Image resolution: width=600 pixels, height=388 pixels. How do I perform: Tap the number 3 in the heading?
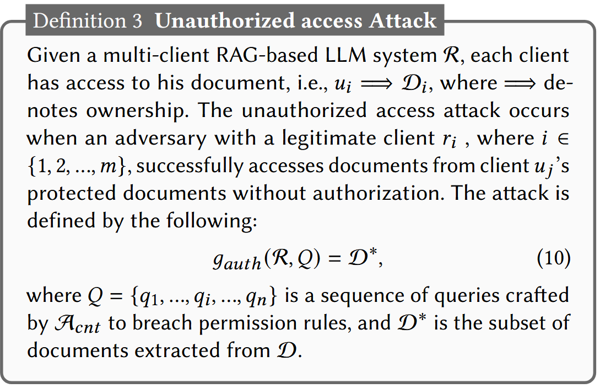(x=137, y=22)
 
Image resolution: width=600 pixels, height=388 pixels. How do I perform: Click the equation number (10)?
(x=553, y=258)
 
